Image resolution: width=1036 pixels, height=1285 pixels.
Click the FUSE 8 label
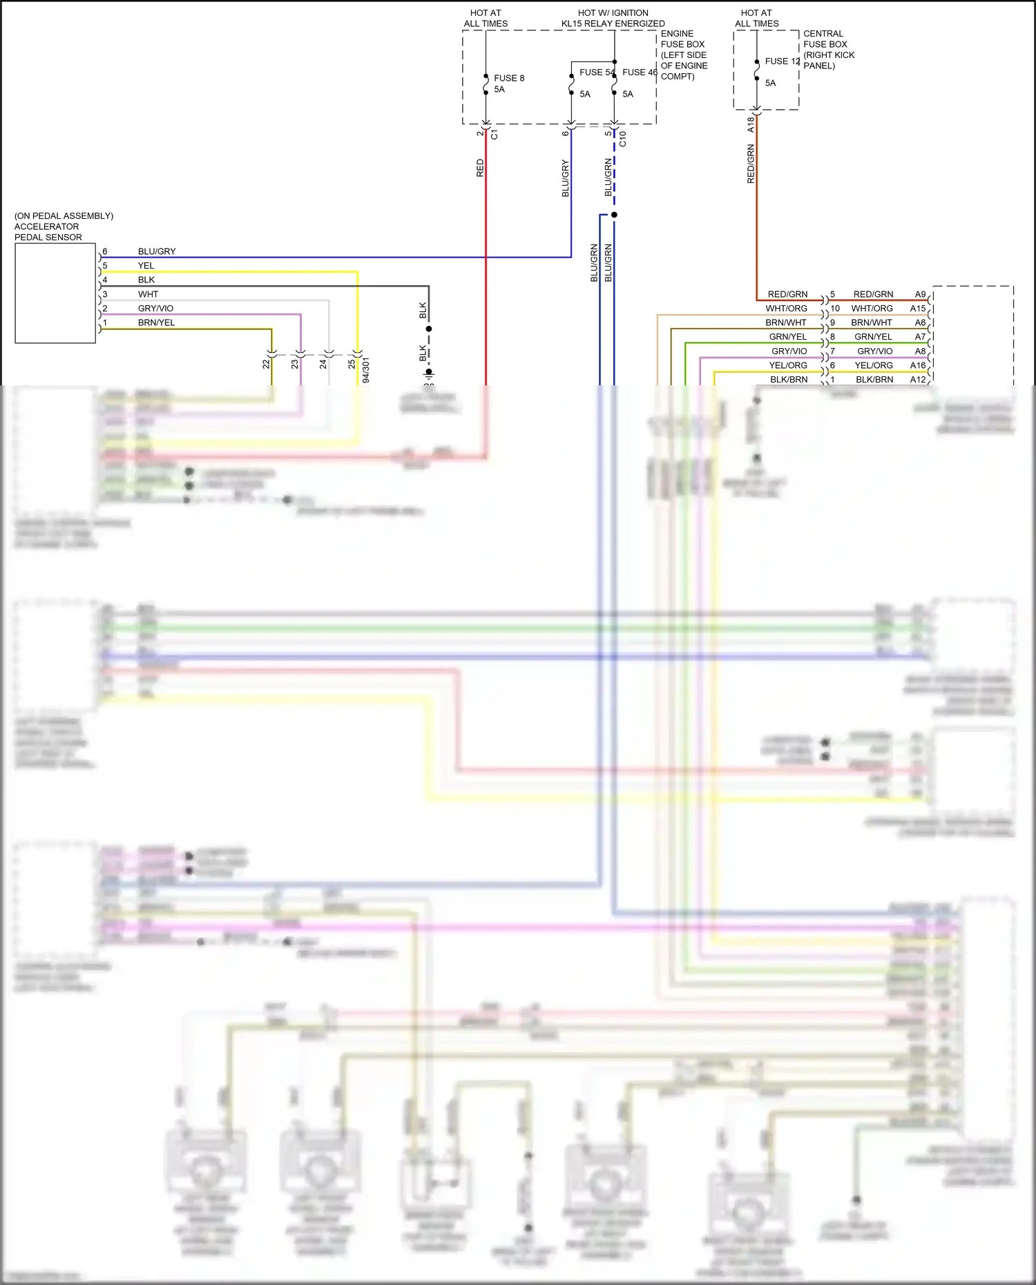pos(508,78)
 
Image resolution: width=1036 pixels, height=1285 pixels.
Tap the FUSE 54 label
pos(595,72)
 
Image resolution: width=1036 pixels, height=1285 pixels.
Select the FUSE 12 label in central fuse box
pos(781,61)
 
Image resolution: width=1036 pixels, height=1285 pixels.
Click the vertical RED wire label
pos(480,168)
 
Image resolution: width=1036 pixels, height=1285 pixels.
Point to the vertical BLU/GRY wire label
pos(565,178)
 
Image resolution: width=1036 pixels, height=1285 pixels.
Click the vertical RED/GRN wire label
pos(751,164)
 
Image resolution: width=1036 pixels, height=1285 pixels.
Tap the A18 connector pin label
pos(751,124)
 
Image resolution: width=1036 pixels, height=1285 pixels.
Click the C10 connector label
pos(622,138)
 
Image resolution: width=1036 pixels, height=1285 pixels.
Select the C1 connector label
pos(494,135)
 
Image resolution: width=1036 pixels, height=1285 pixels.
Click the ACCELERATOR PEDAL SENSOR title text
pos(47,226)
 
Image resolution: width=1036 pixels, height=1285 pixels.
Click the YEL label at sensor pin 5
pos(146,266)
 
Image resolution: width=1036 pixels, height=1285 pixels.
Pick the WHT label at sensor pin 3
pos(148,294)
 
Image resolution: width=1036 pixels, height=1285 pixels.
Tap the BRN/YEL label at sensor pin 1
pos(156,322)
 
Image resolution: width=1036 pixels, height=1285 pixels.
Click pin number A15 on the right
pos(917,309)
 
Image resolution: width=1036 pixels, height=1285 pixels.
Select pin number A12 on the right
pos(917,380)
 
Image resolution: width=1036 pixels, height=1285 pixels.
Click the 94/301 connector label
pos(365,369)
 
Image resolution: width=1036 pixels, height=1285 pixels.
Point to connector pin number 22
pos(266,364)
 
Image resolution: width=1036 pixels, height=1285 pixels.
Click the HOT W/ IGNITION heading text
pos(613,13)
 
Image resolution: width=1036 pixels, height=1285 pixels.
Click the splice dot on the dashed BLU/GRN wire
pos(614,215)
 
